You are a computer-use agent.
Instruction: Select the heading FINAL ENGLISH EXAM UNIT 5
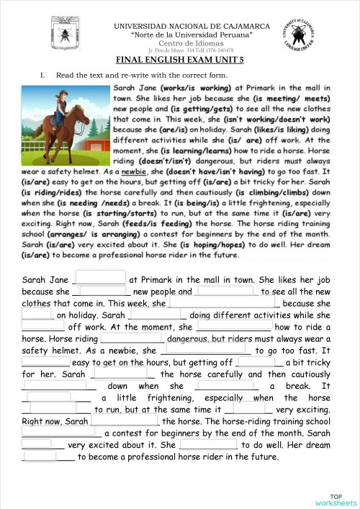(179, 61)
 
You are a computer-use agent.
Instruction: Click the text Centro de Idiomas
(180, 43)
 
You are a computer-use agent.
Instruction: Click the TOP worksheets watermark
(336, 499)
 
